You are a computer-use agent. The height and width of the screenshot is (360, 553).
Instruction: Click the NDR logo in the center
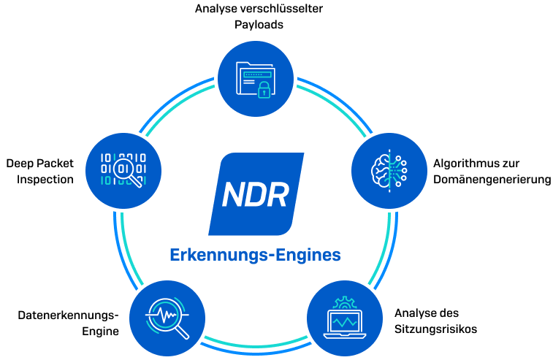click(256, 194)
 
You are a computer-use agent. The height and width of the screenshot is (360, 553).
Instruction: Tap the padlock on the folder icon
click(264, 89)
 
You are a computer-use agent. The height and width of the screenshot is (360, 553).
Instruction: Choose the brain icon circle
click(389, 170)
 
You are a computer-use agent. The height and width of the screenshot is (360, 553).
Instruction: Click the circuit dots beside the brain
click(400, 170)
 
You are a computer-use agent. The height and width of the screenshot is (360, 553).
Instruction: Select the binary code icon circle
click(123, 170)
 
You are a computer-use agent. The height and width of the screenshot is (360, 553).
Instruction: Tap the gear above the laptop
click(343, 302)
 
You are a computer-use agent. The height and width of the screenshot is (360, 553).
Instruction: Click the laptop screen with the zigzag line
click(343, 322)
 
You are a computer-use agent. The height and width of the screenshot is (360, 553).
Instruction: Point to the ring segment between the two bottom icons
click(256, 344)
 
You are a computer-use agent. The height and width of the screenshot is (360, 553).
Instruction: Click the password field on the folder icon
click(256, 74)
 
